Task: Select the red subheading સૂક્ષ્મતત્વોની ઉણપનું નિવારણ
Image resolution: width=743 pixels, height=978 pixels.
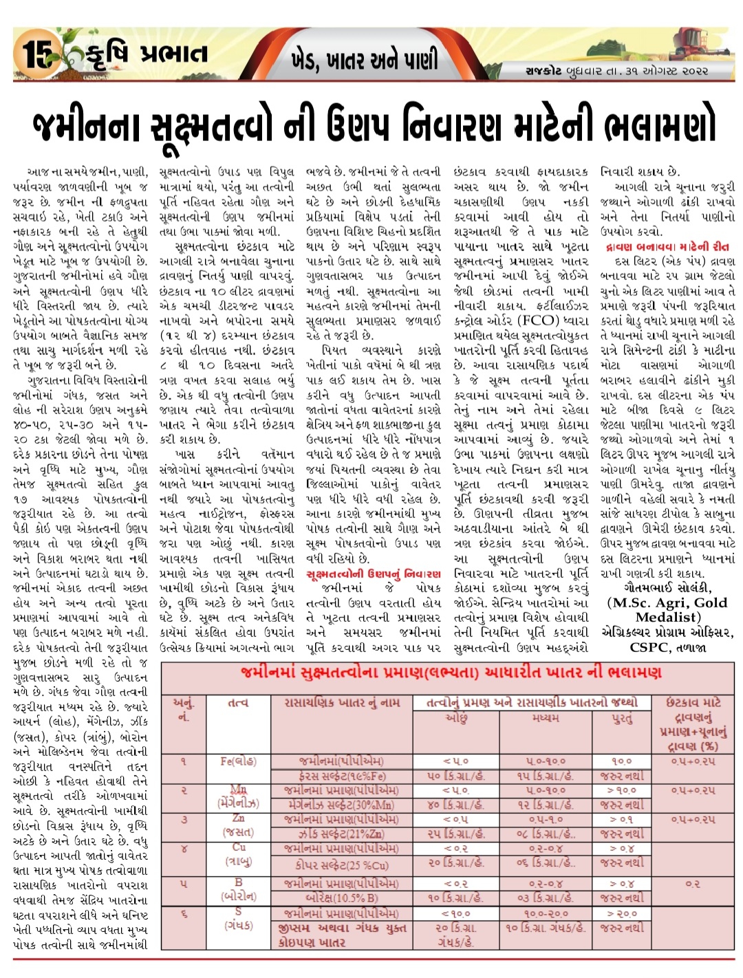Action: [374, 574]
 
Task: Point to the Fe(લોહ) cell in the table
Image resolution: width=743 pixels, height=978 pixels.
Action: [238, 761]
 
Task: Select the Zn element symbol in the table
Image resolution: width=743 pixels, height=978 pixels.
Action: [238, 818]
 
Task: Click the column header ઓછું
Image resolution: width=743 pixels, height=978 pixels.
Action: [457, 717]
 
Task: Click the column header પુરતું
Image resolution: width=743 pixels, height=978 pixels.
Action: [622, 717]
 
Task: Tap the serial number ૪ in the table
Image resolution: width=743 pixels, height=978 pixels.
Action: [184, 849]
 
